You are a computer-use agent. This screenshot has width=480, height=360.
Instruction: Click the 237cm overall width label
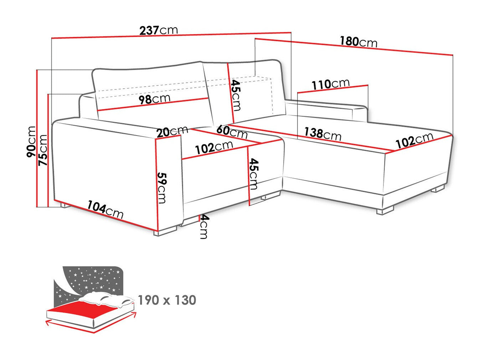[158, 30]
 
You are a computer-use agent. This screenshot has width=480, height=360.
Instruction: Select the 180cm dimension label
[358, 42]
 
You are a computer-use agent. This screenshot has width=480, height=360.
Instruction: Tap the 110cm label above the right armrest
[331, 84]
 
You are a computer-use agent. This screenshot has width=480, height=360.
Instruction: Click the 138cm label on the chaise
[322, 134]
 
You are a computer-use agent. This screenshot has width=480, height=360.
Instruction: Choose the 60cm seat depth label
[232, 132]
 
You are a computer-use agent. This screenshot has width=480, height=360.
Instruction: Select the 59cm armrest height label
[162, 188]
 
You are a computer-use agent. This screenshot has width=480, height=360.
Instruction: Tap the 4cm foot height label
[203, 227]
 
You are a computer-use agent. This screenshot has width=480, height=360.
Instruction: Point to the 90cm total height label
[31, 142]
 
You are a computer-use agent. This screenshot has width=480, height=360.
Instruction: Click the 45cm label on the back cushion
[236, 94]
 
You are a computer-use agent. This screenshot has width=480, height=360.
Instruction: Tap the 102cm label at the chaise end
[414, 140]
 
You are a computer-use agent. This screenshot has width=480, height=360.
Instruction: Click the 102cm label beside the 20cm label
[214, 147]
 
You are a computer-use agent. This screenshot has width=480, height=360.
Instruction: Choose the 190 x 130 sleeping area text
[167, 300]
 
